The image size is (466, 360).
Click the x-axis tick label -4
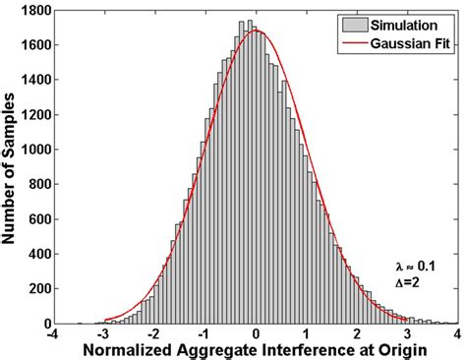click(53, 334)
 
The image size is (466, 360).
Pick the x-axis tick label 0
click(256, 334)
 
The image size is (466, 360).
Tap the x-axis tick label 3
click(406, 334)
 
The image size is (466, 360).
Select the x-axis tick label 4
click(456, 334)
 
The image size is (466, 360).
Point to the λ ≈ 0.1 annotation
click(414, 267)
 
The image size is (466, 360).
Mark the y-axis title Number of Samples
click(13, 165)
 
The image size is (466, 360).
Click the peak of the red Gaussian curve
click(256, 30)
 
